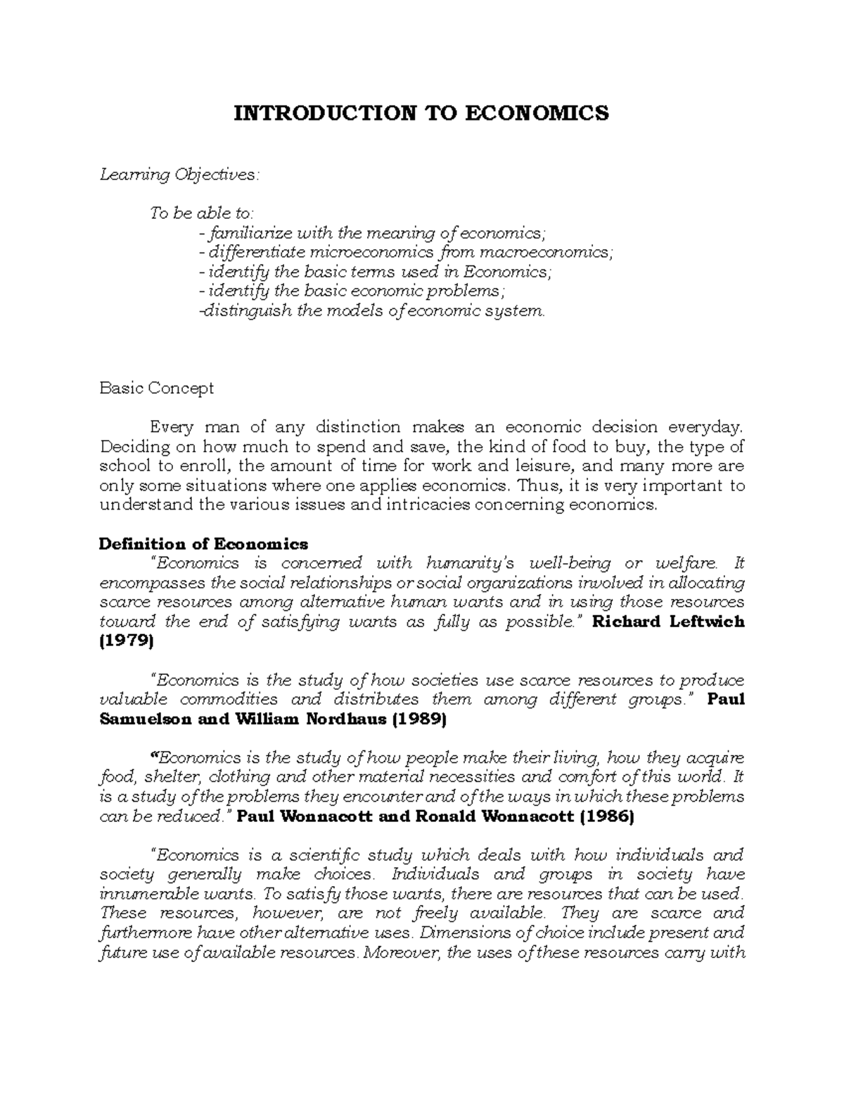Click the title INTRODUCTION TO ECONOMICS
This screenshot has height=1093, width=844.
[421, 113]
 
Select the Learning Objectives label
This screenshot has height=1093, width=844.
[179, 175]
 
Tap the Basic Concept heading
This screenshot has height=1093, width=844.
[156, 388]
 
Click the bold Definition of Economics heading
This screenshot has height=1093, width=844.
[203, 543]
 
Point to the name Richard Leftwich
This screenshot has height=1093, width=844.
[669, 621]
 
